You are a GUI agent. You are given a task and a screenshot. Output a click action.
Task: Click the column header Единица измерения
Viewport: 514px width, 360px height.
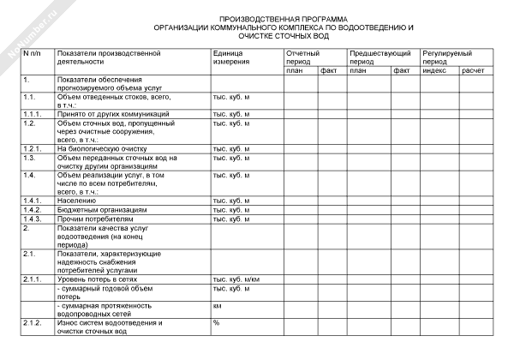(x=231, y=58)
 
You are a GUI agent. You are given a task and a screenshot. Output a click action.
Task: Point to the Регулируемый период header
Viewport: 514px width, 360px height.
(x=448, y=58)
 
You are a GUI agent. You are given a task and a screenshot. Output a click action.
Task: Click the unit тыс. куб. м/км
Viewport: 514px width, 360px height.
(x=236, y=279)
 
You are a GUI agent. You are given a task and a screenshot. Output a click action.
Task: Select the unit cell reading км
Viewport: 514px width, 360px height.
(x=218, y=305)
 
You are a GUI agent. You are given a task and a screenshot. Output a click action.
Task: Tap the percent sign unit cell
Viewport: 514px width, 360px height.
(x=216, y=322)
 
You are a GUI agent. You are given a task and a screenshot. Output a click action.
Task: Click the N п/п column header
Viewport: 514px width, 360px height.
(x=32, y=54)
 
